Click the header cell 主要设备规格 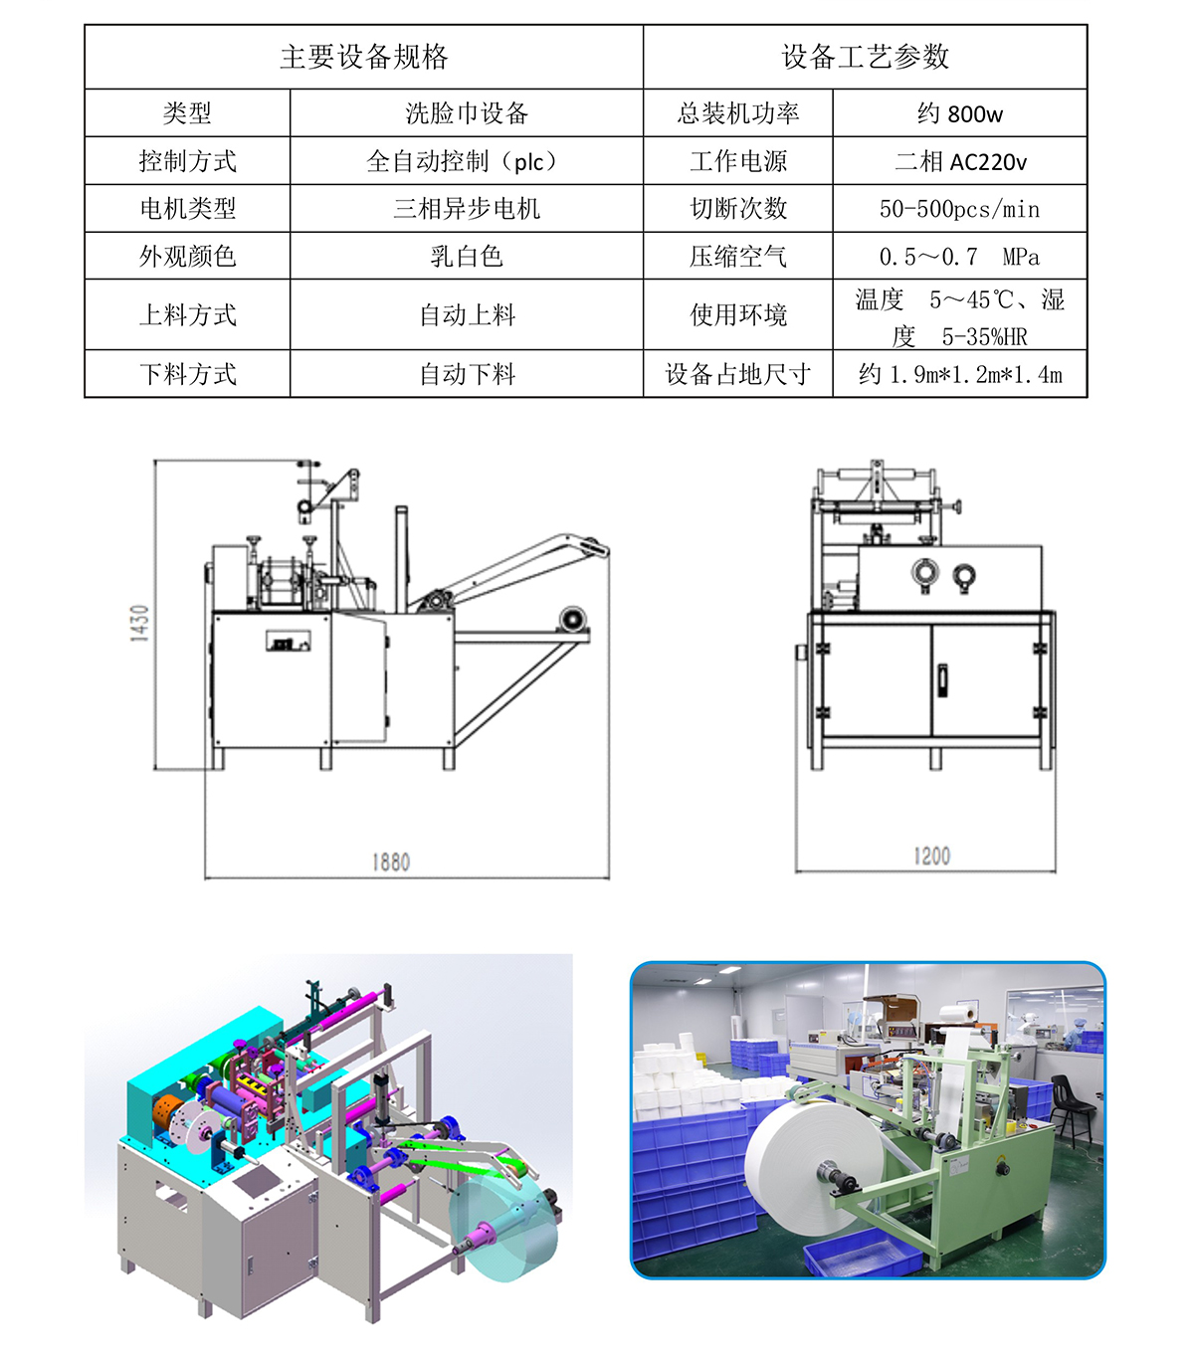click(x=364, y=57)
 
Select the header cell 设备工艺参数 click(x=865, y=57)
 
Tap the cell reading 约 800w click(x=959, y=113)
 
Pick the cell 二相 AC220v click(x=961, y=161)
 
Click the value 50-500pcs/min click(x=959, y=209)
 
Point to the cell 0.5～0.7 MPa click(x=959, y=256)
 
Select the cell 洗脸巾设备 click(x=467, y=113)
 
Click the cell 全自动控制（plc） click(x=467, y=161)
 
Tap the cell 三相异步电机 click(x=467, y=208)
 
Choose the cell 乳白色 click(x=467, y=256)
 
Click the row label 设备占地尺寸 click(x=737, y=374)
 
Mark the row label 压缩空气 click(x=737, y=256)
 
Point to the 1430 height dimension click(x=139, y=623)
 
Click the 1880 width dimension click(x=391, y=862)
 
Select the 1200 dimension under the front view click(x=931, y=856)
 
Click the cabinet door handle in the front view click(x=942, y=680)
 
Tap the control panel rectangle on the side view click(x=288, y=640)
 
